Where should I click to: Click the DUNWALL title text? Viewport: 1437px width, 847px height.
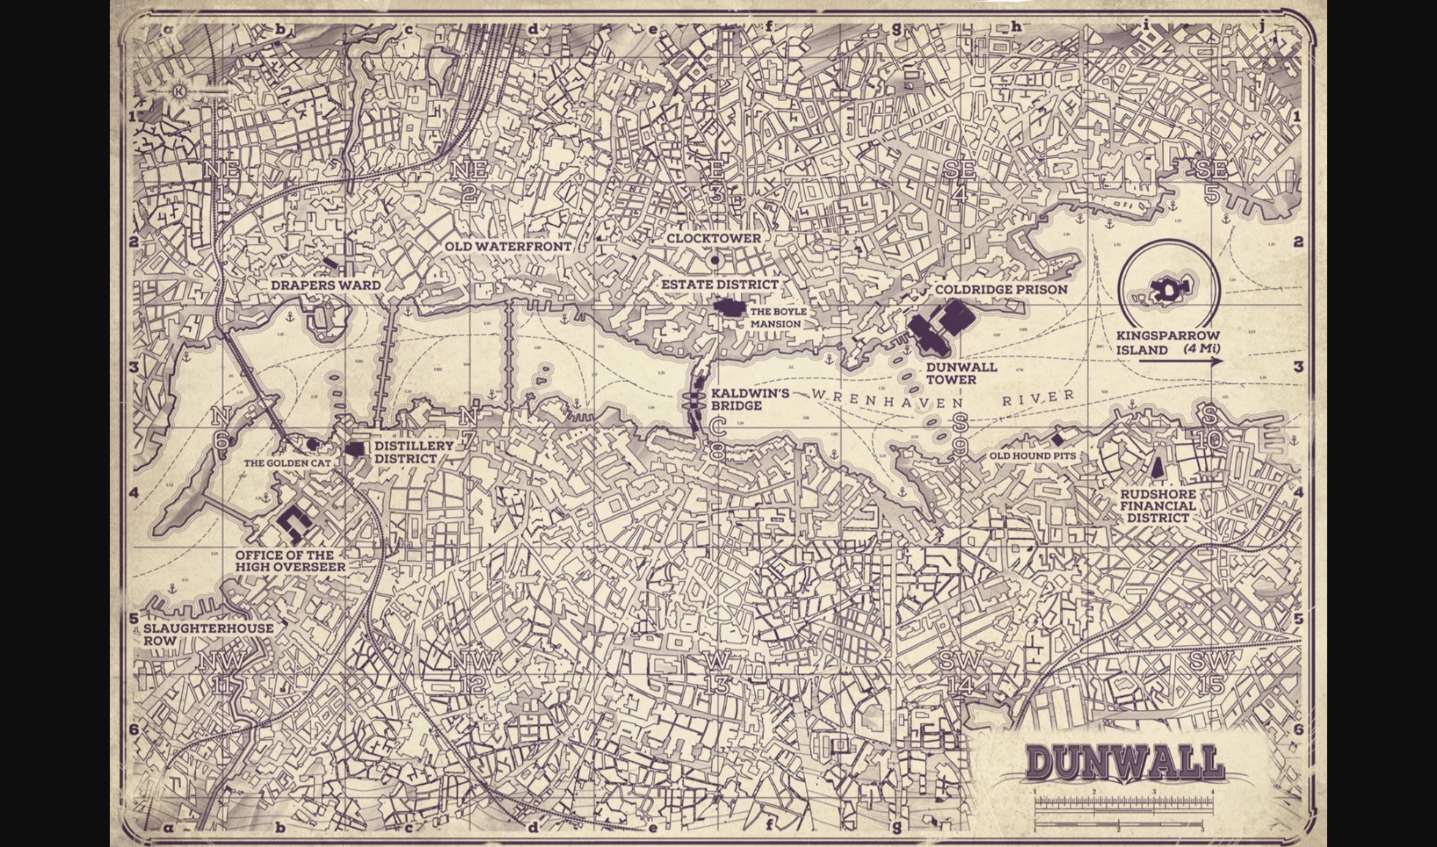click(x=1125, y=764)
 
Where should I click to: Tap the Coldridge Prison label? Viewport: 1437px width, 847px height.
click(x=1000, y=290)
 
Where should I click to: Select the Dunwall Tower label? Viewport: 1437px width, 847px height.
click(x=961, y=373)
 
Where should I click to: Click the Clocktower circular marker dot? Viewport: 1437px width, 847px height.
click(x=715, y=260)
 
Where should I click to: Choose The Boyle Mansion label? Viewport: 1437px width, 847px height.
click(x=778, y=318)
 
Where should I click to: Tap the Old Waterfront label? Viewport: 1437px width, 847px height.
click(x=508, y=247)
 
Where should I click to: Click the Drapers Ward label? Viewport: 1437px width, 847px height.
click(x=325, y=286)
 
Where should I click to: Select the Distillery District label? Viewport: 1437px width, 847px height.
click(x=414, y=452)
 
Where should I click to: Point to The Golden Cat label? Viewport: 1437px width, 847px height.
click(x=287, y=463)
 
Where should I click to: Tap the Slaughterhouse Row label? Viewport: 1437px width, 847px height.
click(x=208, y=634)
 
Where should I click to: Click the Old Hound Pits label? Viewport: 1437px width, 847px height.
click(x=1033, y=456)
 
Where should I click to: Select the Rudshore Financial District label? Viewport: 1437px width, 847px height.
click(x=1157, y=506)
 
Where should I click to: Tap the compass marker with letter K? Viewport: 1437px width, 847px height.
click(x=179, y=92)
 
